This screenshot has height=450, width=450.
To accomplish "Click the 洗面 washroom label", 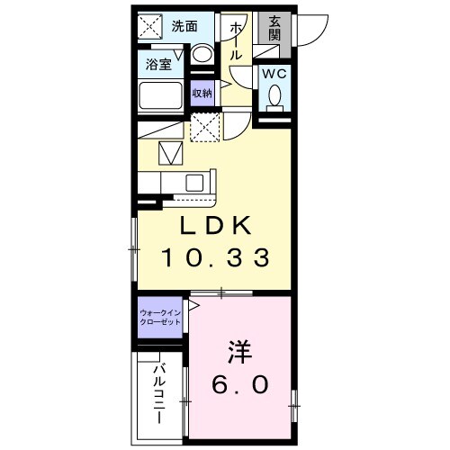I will pyautogui.click(x=185, y=26).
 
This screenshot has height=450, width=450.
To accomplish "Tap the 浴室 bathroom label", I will pyautogui.click(x=158, y=63).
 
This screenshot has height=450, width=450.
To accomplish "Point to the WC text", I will pyautogui.click(x=274, y=75).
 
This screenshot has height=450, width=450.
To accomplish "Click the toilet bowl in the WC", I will pyautogui.click(x=274, y=95).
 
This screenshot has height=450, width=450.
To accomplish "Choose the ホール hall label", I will pyautogui.click(x=236, y=40).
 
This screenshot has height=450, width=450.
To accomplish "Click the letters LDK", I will pyautogui.click(x=215, y=224).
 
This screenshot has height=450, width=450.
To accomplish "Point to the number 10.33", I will pyautogui.click(x=215, y=259).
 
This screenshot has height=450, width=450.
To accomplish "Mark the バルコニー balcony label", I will pyautogui.click(x=158, y=393).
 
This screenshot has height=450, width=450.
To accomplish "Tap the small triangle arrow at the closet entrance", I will pyautogui.click(x=192, y=305).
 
